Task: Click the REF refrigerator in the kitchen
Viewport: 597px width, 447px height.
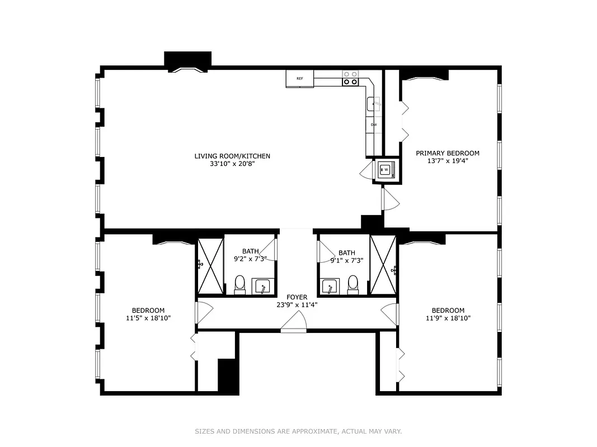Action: [300, 79]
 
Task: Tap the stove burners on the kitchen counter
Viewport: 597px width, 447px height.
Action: [351, 78]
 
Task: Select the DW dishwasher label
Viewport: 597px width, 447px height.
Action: [374, 125]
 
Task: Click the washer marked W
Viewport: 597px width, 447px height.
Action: [386, 170]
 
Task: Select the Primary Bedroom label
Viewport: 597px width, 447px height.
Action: [448, 153]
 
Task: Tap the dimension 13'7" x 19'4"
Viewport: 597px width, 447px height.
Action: [448, 161]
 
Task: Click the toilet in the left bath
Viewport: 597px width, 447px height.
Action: [239, 284]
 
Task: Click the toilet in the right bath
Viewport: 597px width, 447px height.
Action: [353, 284]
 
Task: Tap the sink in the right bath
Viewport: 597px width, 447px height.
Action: [330, 287]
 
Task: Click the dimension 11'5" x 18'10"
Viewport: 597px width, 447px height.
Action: [148, 318]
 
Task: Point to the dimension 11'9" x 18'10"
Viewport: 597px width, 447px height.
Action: [448, 318]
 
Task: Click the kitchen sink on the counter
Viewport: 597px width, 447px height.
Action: [374, 104]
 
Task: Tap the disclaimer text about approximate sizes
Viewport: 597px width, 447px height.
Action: [298, 431]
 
